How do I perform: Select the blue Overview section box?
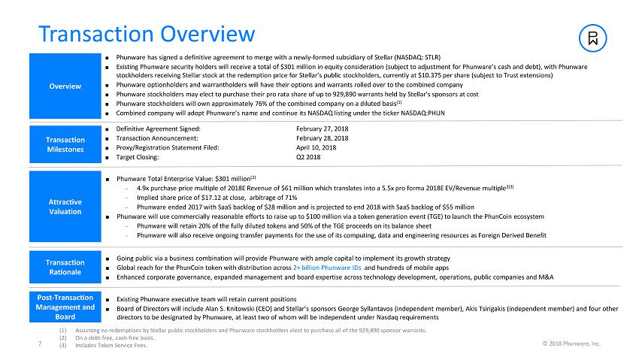click(x=65, y=86)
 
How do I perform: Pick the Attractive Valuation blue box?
click(x=65, y=206)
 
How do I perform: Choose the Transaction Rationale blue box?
click(x=65, y=267)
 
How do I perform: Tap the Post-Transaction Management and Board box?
click(x=65, y=307)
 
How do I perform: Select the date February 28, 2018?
click(x=322, y=138)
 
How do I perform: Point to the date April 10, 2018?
click(x=316, y=148)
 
